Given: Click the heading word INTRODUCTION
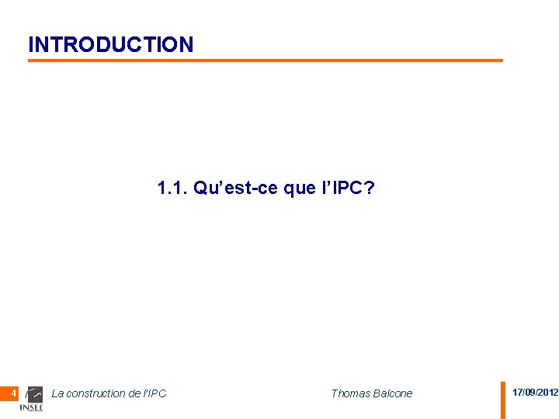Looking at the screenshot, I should [111, 44].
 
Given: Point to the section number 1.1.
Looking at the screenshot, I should [171, 189].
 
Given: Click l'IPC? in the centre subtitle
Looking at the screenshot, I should [347, 189].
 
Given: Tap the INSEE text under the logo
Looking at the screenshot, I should [31, 408].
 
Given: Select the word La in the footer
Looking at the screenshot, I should [57, 393].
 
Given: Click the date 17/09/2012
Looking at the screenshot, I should [535, 393].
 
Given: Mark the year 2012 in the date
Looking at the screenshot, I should [547, 393].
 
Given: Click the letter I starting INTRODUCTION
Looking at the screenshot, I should [30, 44].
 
